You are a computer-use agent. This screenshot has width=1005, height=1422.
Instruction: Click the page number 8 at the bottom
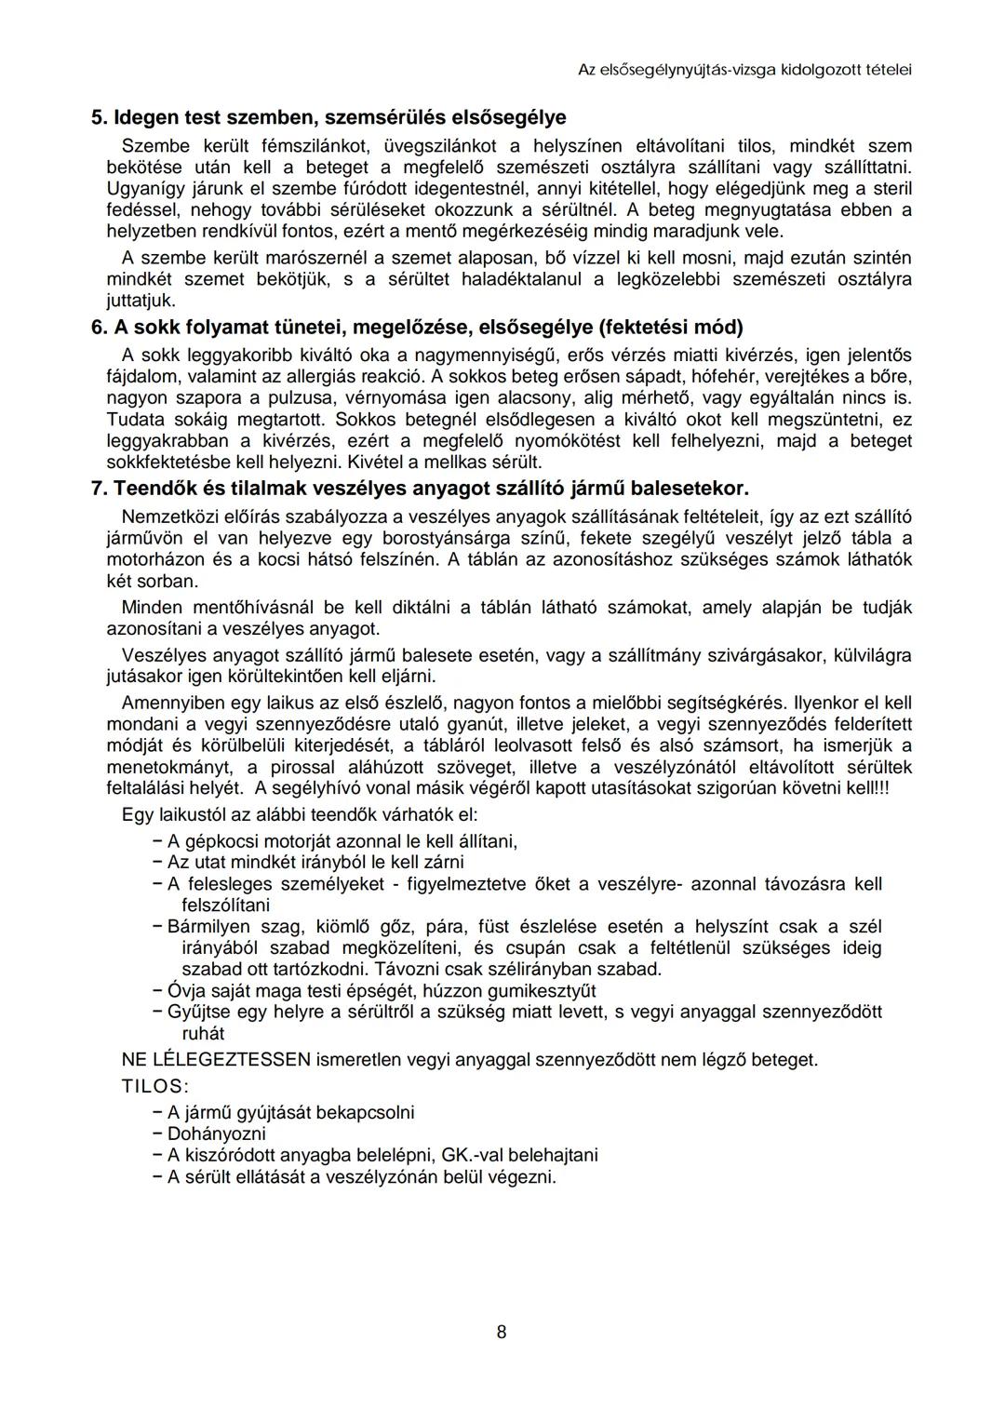point(502,1332)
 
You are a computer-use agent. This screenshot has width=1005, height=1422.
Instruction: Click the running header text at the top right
point(744,70)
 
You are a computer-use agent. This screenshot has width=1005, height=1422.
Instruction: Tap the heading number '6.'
point(99,328)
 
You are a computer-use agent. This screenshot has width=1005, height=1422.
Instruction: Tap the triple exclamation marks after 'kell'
point(878,788)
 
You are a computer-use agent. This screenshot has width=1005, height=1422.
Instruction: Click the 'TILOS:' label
point(154,1086)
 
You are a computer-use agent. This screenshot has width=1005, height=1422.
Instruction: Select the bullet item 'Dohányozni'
point(216,1134)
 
